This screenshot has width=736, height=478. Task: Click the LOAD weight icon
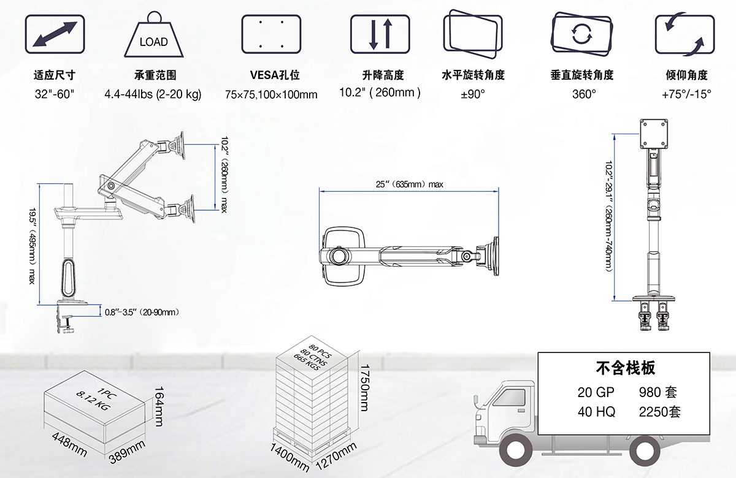pyautogui.click(x=153, y=36)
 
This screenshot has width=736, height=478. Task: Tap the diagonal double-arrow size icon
pyautogui.click(x=55, y=34)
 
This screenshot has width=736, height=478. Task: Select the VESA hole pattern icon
pyautogui.click(x=270, y=34)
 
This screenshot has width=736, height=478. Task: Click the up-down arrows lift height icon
pyautogui.click(x=380, y=34)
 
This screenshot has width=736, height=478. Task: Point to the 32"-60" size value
pyautogui.click(x=55, y=94)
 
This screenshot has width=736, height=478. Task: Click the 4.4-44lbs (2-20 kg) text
pyautogui.click(x=153, y=94)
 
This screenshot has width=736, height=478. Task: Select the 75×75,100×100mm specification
pyautogui.click(x=270, y=94)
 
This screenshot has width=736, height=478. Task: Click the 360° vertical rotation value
pyautogui.click(x=583, y=94)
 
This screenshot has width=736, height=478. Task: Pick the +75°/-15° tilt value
pyautogui.click(x=686, y=94)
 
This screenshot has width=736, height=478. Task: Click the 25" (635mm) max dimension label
pyautogui.click(x=409, y=184)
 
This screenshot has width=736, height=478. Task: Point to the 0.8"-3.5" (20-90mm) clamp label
pyautogui.click(x=142, y=312)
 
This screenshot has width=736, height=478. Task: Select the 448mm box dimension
pyautogui.click(x=69, y=444)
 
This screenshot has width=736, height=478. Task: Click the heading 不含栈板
pyautogui.click(x=625, y=368)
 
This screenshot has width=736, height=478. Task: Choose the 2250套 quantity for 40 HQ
pyautogui.click(x=659, y=411)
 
